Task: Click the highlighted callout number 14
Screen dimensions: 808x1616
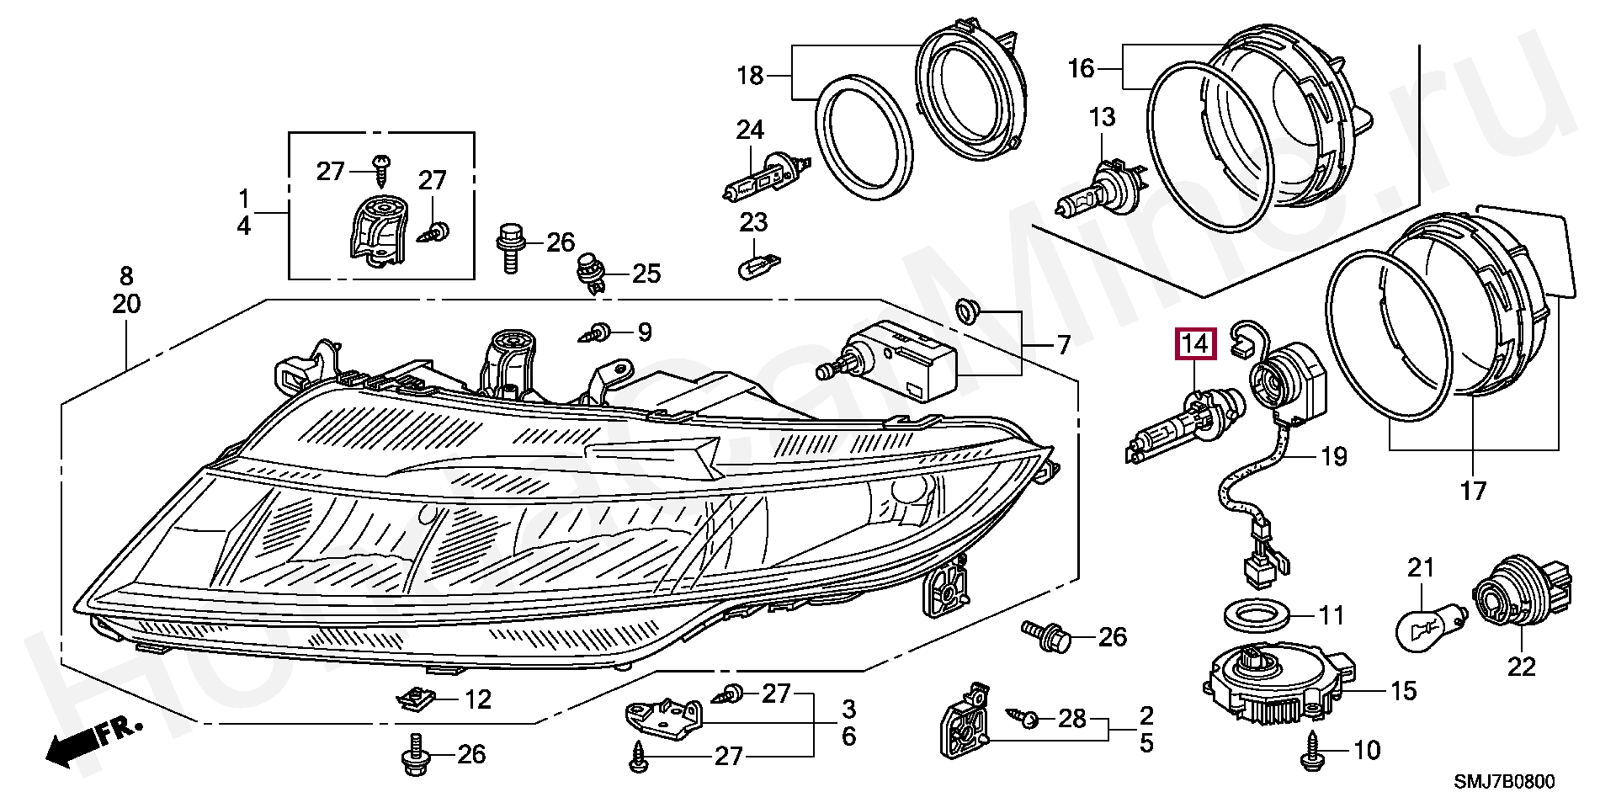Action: pos(1196,343)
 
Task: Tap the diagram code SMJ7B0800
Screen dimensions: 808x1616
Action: pos(1504,782)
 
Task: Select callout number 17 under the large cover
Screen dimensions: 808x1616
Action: pos(1473,491)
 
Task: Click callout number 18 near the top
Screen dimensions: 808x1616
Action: pos(749,76)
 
